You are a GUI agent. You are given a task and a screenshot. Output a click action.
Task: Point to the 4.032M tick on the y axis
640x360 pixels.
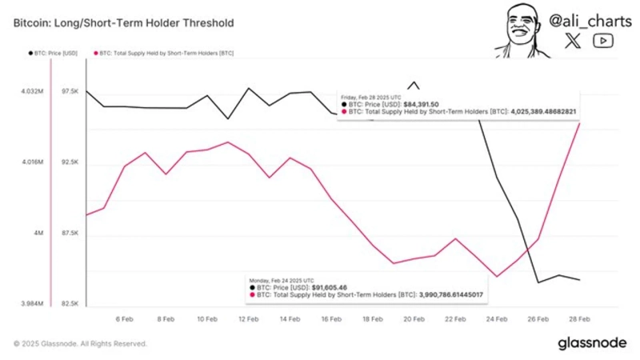point(33,92)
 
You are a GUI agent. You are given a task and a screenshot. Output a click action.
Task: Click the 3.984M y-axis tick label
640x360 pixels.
point(33,304)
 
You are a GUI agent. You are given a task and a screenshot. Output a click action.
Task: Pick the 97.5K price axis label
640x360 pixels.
point(70,92)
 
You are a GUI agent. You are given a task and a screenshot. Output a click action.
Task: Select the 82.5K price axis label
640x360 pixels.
point(70,304)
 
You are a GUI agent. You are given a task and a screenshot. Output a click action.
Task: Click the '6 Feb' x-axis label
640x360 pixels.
point(124,318)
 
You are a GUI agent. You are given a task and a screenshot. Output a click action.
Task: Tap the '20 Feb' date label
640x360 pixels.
point(414,318)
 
